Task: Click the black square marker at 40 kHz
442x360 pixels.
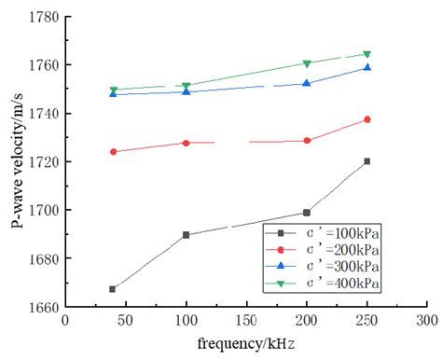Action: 113,289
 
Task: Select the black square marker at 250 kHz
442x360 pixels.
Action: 366,161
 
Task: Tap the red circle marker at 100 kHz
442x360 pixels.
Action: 186,143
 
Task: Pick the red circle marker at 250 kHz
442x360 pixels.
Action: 366,119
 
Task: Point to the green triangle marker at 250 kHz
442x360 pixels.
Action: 366,54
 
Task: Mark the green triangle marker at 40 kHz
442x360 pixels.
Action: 113,90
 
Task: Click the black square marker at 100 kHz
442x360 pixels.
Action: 186,235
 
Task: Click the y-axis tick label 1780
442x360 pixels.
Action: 44,18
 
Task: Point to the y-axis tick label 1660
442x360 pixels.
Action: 44,307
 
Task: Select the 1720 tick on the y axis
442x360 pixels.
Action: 44,162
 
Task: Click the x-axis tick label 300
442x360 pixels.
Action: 426,320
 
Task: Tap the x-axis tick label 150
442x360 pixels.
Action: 245,320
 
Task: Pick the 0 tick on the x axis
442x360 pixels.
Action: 65,320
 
